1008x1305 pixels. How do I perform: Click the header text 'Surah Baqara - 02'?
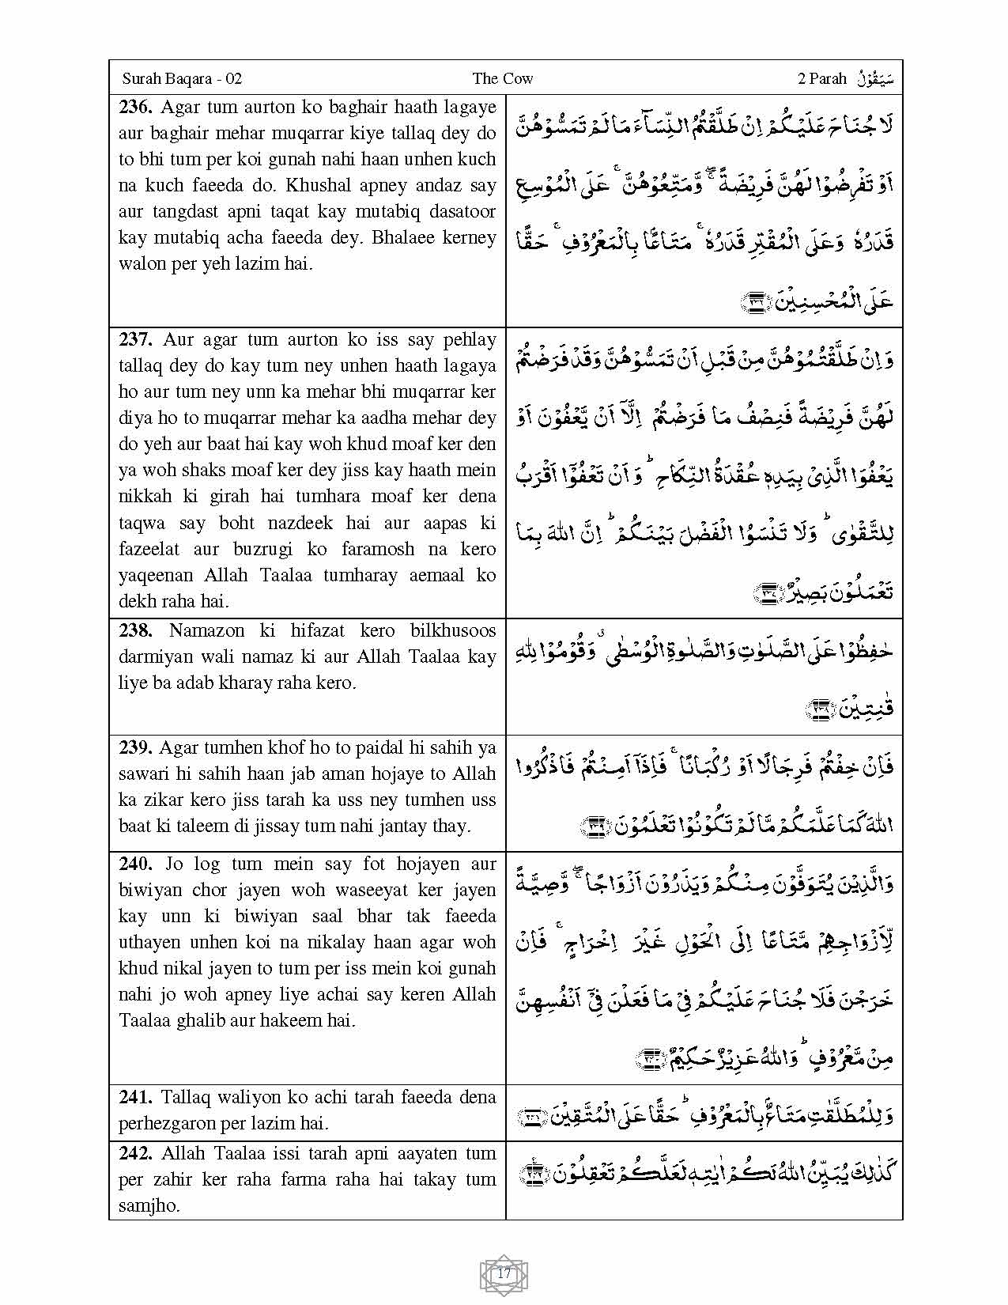point(182,78)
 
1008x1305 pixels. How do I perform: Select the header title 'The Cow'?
point(502,78)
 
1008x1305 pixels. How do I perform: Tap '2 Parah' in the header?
point(822,78)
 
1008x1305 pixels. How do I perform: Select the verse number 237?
point(136,339)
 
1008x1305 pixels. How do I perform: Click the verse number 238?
point(136,630)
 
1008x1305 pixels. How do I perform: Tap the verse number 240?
point(136,864)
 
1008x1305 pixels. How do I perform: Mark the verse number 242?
point(136,1153)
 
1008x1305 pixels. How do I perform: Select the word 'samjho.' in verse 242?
point(149,1205)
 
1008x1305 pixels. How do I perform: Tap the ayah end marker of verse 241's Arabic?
point(530,1117)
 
